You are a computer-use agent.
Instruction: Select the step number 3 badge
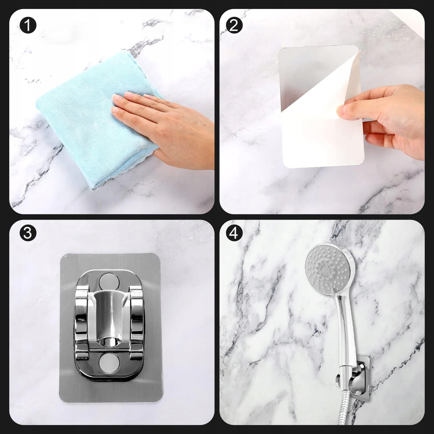coord(28,233)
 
